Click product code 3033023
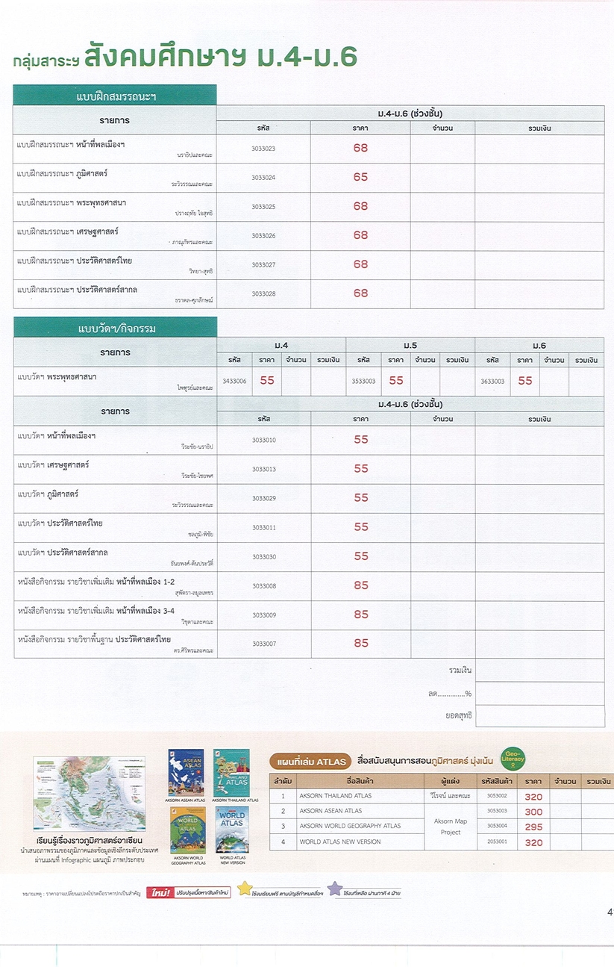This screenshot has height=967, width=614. [x=263, y=149]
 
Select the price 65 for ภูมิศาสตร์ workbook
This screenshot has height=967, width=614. [x=360, y=177]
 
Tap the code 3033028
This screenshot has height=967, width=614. [x=263, y=293]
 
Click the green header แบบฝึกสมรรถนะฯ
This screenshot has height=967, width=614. [x=115, y=96]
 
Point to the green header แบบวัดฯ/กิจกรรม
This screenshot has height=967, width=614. [x=115, y=328]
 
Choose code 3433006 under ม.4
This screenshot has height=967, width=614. [x=234, y=381]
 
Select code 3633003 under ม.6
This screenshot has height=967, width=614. [x=492, y=381]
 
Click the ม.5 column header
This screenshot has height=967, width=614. [x=410, y=346]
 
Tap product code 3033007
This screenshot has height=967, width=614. [x=263, y=644]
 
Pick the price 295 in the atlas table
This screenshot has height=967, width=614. [x=533, y=827]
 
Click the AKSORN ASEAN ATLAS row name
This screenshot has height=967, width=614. [x=331, y=811]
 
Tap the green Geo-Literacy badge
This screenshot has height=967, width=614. [x=513, y=759]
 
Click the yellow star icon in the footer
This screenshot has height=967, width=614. [x=245, y=889]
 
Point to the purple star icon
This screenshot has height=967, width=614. [x=335, y=889]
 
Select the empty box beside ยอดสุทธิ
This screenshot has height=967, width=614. [x=539, y=716]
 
